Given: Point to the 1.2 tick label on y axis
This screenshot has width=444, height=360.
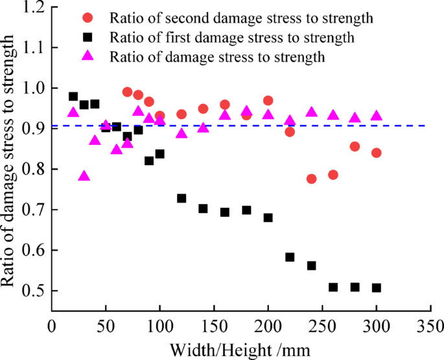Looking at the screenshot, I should tap(34, 8).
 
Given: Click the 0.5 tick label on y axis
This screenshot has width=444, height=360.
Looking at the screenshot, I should tap(34, 291).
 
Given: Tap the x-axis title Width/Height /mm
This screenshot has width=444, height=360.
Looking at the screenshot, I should tap(240, 349).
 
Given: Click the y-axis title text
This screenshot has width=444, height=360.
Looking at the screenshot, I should tap(9, 162).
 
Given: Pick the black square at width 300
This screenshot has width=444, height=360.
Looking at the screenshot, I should tap(377, 287).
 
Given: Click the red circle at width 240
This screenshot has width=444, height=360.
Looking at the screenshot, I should tap(311, 179).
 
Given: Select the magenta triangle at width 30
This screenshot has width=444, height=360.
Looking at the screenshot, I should tap(84, 176).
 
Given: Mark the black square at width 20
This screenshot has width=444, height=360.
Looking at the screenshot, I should tap(73, 96).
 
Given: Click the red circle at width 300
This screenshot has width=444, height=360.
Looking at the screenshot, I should tap(377, 153).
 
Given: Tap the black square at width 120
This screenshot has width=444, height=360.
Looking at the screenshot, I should tap(181, 198).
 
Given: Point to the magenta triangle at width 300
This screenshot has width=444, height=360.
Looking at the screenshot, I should tap(377, 116).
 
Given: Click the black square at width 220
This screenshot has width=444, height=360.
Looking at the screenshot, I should tap(290, 257).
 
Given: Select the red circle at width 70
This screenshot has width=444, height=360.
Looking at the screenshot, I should tap(127, 92).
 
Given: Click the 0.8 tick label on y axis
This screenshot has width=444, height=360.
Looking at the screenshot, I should tap(34, 170).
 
